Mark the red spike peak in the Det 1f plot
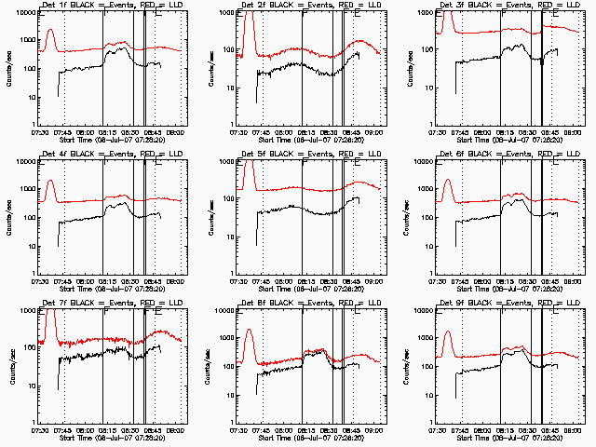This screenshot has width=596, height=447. (50, 30)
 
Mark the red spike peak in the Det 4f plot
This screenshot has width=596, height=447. (50, 180)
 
